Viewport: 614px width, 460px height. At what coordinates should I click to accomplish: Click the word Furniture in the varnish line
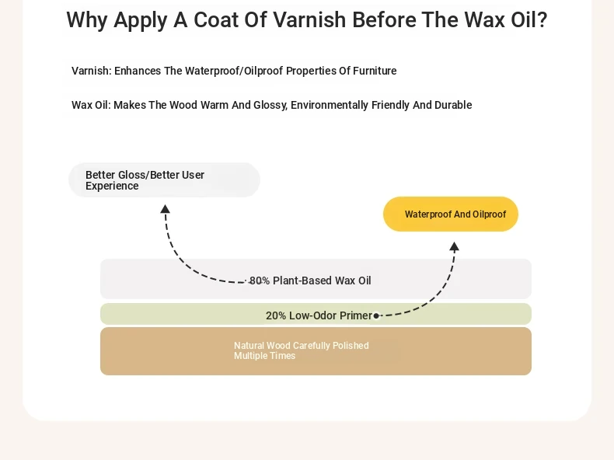[375, 71]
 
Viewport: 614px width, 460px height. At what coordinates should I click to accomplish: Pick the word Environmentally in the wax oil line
[330, 106]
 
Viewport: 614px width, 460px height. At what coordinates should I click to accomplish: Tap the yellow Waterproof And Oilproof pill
[451, 214]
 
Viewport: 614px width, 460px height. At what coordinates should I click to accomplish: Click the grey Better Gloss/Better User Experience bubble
[164, 179]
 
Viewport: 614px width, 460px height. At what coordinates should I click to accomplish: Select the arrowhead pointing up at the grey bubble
[166, 209]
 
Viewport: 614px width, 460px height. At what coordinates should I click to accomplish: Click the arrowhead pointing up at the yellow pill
[454, 246]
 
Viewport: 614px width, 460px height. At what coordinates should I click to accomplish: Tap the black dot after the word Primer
[376, 315]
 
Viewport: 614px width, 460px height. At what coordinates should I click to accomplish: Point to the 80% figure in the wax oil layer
[260, 281]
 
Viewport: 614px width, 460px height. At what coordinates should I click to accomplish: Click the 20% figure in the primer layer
[276, 315]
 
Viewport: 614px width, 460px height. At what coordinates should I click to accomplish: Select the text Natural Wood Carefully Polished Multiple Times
[302, 350]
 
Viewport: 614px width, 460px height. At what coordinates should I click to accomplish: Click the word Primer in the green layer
[355, 315]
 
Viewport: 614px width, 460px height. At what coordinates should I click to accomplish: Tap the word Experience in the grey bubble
[112, 186]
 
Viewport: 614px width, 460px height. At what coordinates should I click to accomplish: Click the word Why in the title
[87, 20]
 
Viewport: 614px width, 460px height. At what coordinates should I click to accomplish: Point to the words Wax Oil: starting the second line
[91, 105]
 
